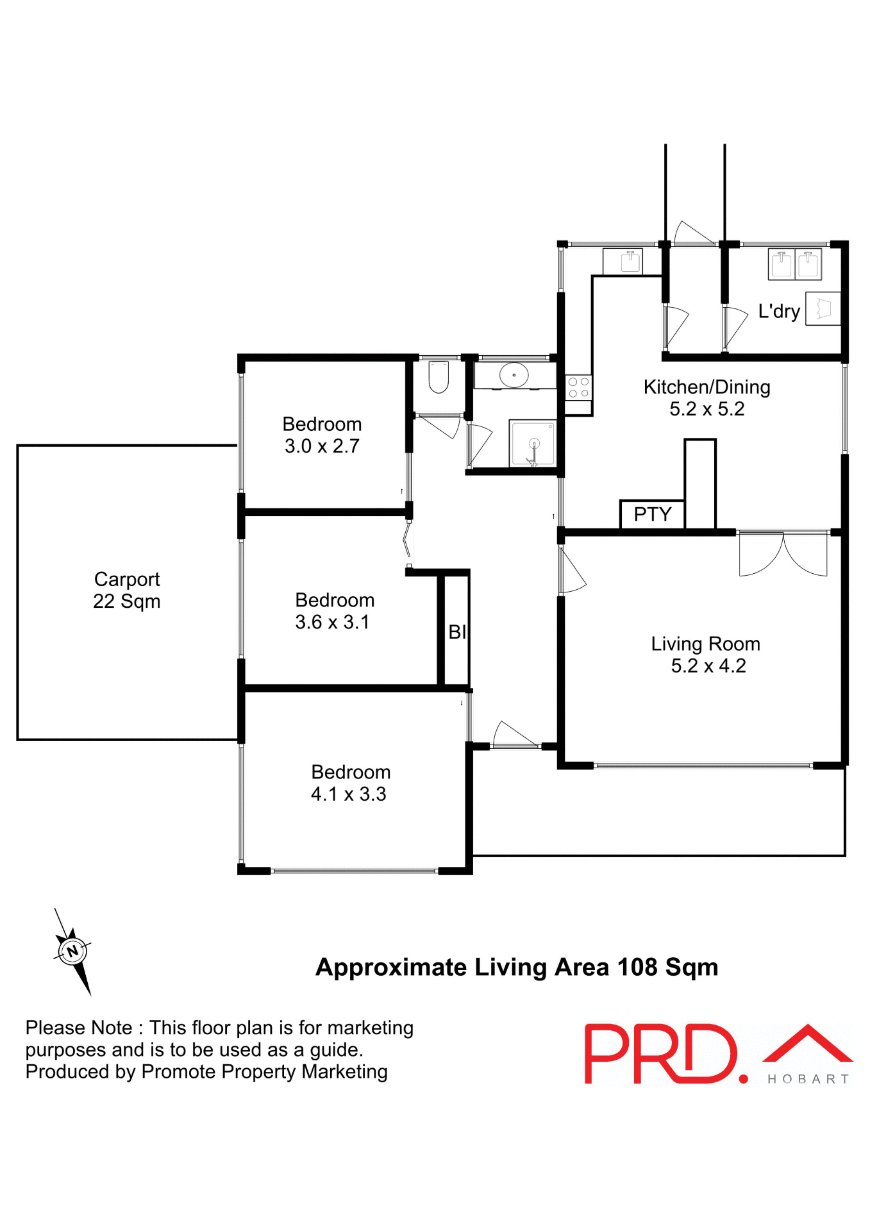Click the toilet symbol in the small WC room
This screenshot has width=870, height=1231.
tap(439, 378)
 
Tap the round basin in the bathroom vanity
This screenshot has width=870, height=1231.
tap(514, 375)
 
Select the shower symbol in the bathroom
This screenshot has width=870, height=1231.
tap(532, 443)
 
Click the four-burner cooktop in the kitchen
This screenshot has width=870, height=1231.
tap(578, 387)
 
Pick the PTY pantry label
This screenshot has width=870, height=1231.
tap(652, 514)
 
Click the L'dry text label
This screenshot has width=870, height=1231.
tap(778, 312)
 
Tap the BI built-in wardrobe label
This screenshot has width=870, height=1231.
tap(456, 632)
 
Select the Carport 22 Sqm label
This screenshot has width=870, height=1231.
tap(127, 590)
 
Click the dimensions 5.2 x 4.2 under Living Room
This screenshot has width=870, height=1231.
tap(708, 666)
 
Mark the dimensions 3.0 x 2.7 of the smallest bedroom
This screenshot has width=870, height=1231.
tap(322, 446)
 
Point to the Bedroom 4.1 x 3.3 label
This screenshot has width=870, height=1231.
tap(350, 783)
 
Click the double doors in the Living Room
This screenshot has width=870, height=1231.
tap(783, 554)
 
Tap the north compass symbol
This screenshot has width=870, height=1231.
tap(72, 951)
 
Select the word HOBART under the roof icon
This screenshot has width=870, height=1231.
tap(808, 1080)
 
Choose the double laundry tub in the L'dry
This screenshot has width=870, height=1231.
tap(794, 264)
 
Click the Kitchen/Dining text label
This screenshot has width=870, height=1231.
tap(707, 387)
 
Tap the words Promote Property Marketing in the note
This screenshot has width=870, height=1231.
tap(264, 1072)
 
